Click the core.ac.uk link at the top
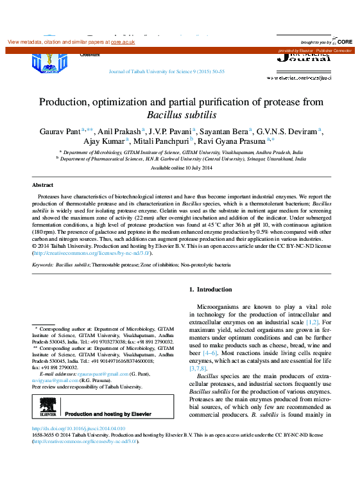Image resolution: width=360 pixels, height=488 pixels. [x=123, y=42]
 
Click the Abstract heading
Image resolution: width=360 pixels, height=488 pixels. [x=42, y=185]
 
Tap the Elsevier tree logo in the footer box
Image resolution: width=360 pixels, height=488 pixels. [x=46, y=406]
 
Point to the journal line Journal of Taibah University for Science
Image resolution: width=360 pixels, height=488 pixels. [x=167, y=72]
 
